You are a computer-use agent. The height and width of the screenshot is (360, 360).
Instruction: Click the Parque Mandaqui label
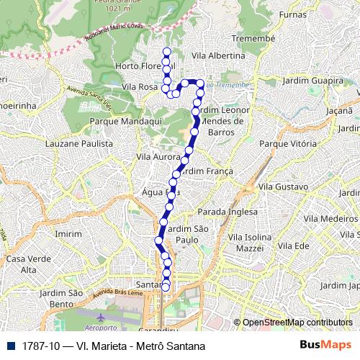click(x=118, y=122)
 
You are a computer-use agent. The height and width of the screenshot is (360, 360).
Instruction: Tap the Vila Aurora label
click(x=157, y=156)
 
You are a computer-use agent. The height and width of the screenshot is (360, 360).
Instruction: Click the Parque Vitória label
click(x=287, y=144)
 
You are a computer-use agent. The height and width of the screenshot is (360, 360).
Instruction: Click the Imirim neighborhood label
click(x=68, y=235)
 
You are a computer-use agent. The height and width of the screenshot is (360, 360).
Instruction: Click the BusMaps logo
click(x=325, y=345)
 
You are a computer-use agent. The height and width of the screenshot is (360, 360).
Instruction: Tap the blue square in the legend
click(x=9, y=346)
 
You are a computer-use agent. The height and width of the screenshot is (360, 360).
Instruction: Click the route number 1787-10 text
click(x=41, y=346)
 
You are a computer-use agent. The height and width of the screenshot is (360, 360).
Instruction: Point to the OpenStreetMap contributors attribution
click(x=297, y=323)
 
